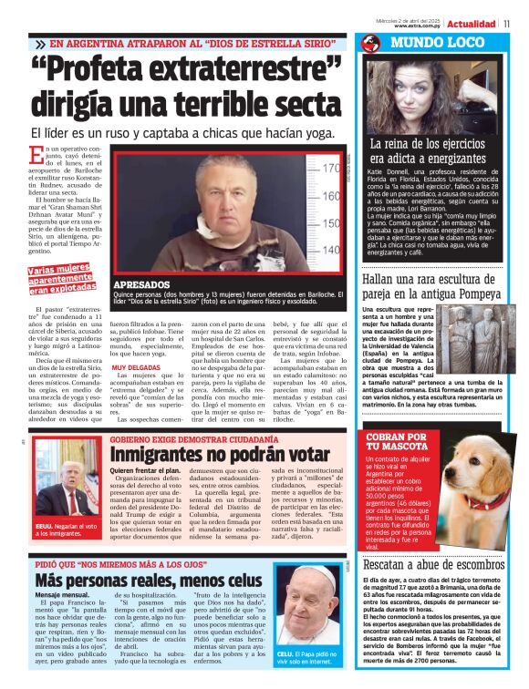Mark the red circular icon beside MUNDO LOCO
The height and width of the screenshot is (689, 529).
pos(370,43)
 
